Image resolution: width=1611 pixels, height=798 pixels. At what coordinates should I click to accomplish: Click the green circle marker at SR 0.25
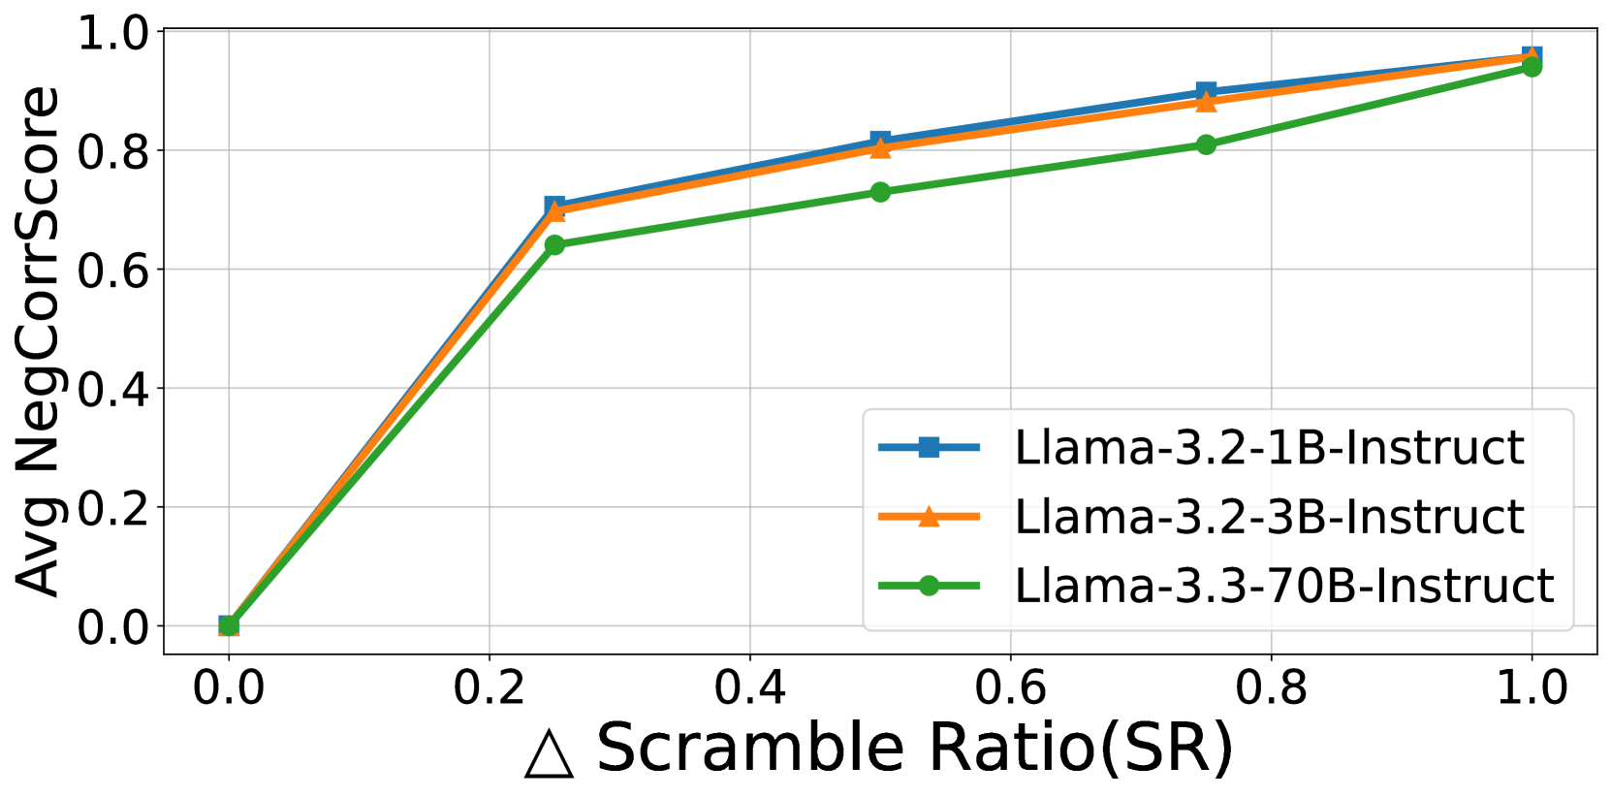click(x=554, y=245)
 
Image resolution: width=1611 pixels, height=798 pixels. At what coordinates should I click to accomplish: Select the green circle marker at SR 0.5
click(x=880, y=192)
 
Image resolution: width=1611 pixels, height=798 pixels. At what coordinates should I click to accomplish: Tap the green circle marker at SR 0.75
click(x=1206, y=144)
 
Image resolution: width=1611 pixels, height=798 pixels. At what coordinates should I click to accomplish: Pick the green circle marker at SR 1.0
click(x=1532, y=66)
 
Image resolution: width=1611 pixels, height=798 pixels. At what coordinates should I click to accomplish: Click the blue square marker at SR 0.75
click(x=1206, y=91)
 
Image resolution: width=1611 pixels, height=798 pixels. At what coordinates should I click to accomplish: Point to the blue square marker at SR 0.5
click(x=880, y=141)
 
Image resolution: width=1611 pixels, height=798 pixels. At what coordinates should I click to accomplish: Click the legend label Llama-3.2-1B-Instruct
click(x=1269, y=448)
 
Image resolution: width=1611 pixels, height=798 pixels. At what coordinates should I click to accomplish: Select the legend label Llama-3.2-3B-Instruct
click(x=1269, y=517)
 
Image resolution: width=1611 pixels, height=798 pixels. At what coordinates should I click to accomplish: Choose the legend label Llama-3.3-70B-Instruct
click(x=1283, y=586)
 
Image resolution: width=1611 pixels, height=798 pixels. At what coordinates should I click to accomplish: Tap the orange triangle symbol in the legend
click(x=929, y=517)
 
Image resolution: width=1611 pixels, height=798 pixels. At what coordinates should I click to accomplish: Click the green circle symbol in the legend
click(x=929, y=586)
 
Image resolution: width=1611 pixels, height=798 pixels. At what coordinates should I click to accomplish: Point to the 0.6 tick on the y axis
click(x=114, y=271)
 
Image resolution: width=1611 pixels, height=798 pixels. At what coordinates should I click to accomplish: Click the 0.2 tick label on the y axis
click(x=114, y=508)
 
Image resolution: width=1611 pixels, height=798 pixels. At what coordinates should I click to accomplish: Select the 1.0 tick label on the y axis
click(x=114, y=33)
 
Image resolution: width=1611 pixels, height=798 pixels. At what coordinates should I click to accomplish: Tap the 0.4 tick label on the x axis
click(x=749, y=687)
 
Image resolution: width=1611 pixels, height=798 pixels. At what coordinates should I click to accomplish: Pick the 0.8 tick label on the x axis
click(x=1271, y=687)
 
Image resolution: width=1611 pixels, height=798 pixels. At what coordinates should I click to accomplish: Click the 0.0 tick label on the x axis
click(x=229, y=687)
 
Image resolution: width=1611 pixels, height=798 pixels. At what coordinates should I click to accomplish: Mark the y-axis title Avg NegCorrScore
click(x=39, y=341)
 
